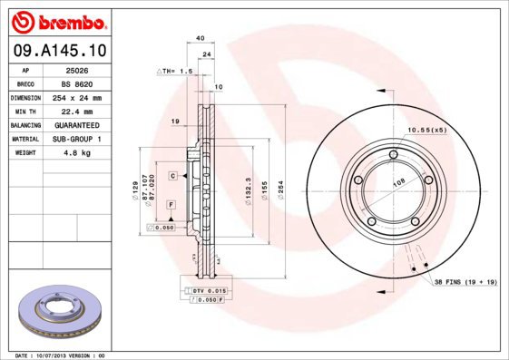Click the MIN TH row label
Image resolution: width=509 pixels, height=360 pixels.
point(24,111)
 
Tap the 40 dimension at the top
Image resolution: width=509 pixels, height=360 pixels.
point(199,38)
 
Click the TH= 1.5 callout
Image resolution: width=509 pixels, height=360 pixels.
point(176,70)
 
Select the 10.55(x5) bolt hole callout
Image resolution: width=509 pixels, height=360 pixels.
point(426,130)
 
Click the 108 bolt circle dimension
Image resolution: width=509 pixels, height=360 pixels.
point(396,182)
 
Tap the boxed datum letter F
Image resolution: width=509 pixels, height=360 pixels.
point(170,207)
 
